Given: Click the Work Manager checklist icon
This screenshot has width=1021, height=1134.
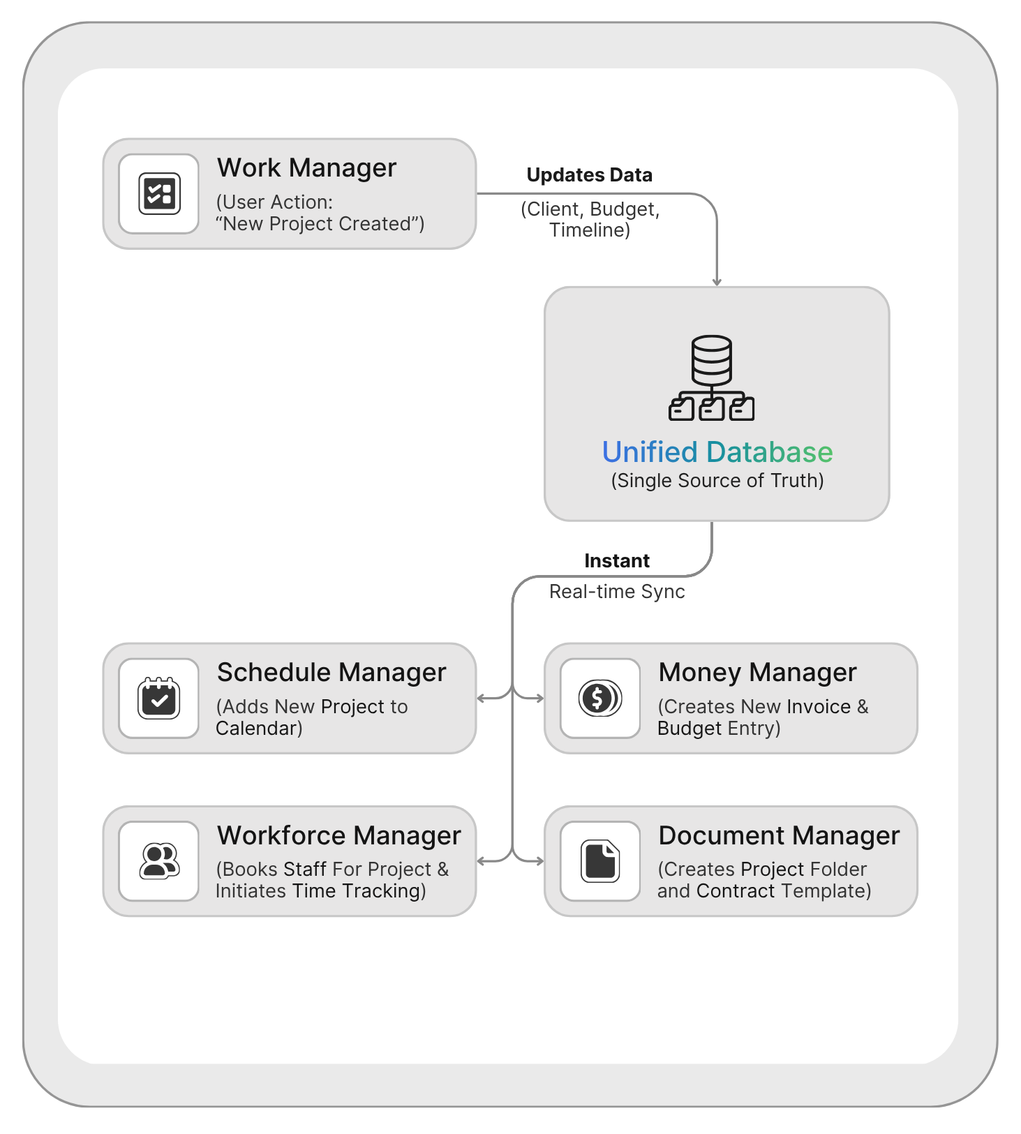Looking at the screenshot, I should tap(159, 193).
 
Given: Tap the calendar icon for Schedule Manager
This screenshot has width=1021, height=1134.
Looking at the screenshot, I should tap(159, 698).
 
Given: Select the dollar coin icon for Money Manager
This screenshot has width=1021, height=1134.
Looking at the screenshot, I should tap(599, 698).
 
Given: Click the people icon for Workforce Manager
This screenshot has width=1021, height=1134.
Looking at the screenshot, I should tap(159, 861).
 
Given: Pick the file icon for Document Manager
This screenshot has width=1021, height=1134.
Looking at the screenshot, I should tap(599, 861).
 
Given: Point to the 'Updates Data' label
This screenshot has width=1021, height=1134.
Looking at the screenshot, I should tap(589, 175).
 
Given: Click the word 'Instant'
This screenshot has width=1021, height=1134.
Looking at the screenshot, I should tap(617, 561).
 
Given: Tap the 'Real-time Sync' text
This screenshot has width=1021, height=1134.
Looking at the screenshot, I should tap(617, 592).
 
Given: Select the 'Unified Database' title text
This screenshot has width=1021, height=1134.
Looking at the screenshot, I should tap(717, 452).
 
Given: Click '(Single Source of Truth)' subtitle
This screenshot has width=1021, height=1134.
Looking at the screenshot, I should tap(717, 481).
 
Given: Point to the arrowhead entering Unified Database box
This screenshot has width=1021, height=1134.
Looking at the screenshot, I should tap(717, 282).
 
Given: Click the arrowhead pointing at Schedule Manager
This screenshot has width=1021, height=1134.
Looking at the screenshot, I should tap(481, 698).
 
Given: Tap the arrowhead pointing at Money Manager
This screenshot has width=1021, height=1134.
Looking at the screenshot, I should tap(539, 698).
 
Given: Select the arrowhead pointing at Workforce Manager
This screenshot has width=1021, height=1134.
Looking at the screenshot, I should tap(481, 861).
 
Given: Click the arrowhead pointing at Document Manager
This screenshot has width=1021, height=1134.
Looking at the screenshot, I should tap(539, 861).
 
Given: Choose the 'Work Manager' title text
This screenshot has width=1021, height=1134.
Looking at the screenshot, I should tap(306, 168).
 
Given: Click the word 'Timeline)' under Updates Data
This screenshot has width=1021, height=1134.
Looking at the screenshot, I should tap(590, 230).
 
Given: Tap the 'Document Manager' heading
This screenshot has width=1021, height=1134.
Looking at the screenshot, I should tap(779, 836).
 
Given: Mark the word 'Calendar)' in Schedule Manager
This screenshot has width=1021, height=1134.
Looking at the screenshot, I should tap(259, 729).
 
